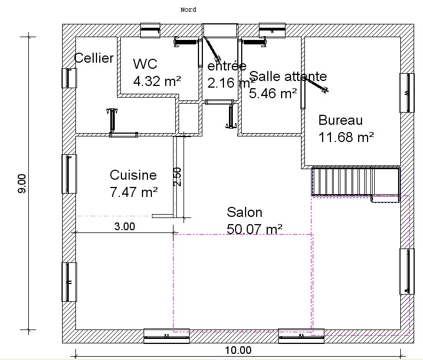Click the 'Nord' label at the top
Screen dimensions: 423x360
coord(188,10)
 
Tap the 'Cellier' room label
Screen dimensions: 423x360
coord(94,58)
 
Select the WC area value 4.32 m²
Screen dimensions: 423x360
coord(157,81)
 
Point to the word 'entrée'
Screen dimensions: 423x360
coord(227,66)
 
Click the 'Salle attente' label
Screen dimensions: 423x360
coord(288,77)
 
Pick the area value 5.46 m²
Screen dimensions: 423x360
coord(273,93)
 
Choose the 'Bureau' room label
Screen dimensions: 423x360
coord(340,120)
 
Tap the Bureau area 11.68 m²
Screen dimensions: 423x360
coord(346,137)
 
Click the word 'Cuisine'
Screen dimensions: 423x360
coord(133,175)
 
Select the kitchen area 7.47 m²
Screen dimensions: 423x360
coord(134,192)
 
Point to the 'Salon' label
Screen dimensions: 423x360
coord(244,212)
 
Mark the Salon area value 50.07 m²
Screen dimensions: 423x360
coord(254,229)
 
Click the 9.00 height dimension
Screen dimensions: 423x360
coord(22,184)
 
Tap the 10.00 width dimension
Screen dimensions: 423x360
coord(238,350)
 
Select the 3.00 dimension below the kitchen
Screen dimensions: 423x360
coord(125,226)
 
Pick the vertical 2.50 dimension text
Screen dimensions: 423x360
coord(177,177)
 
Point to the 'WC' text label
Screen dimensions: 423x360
coord(145,64)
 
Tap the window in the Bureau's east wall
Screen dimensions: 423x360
coord(407,93)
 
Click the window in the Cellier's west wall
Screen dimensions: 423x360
coord(69,78)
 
